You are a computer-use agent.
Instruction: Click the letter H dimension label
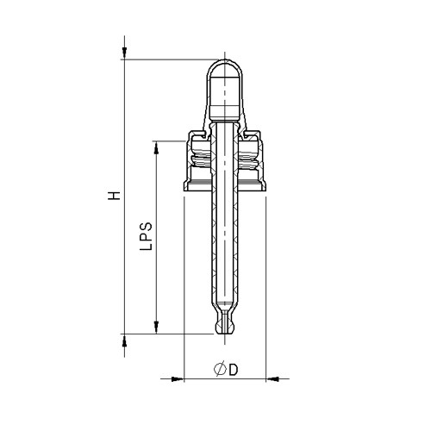[112, 196]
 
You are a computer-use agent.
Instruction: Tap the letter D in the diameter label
[233, 369]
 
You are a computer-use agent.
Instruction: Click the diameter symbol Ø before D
[220, 369]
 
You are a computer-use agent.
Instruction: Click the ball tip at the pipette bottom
[226, 328]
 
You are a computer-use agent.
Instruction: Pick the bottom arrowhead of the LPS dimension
[156, 326]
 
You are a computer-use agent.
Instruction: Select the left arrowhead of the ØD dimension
[178, 378]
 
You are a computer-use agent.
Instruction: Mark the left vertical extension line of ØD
[184, 284]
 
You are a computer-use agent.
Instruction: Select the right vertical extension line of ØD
[266, 284]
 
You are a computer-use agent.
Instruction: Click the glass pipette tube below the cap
[226, 250]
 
